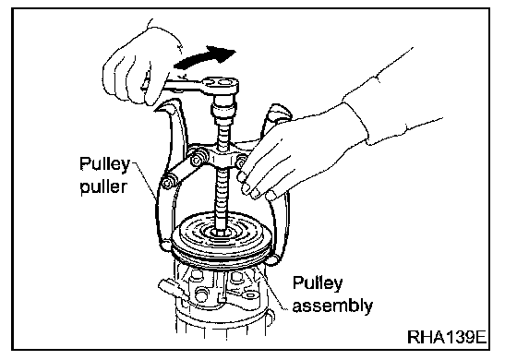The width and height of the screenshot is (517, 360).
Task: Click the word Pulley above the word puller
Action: coord(104,164)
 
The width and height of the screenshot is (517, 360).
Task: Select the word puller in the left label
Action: coord(103,186)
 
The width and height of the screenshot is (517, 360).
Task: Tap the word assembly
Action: coord(332,306)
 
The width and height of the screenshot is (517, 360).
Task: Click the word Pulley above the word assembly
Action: coord(318,283)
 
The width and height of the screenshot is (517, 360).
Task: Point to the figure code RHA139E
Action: coord(447,337)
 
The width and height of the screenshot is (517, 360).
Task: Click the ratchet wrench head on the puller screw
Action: coord(221,86)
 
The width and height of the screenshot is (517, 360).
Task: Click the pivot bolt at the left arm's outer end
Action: coord(167,184)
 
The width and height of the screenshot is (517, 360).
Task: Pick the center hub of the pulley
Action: coord(221,232)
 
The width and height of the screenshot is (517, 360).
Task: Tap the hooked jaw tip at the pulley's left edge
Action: coord(165,246)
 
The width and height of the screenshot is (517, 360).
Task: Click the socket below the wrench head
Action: coord(222,111)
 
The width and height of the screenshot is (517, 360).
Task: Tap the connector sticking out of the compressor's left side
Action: coord(171,288)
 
